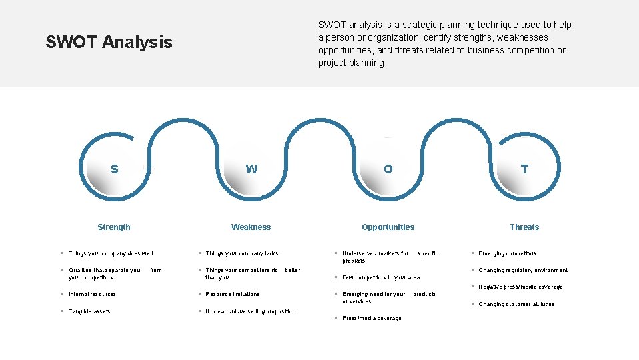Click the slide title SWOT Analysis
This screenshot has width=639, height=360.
(109, 43)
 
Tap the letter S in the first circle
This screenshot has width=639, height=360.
(115, 169)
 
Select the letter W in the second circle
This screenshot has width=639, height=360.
(251, 169)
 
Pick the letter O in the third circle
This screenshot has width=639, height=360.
(388, 169)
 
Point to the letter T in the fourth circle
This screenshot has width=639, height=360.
(524, 169)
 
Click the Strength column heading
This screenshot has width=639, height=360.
(114, 227)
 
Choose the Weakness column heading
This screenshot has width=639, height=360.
(251, 227)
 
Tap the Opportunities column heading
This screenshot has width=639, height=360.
(388, 227)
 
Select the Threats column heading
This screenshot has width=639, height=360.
(524, 227)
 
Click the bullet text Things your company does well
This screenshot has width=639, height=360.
(111, 253)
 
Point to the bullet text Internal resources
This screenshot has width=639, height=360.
(92, 294)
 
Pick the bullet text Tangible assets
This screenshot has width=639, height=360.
(89, 311)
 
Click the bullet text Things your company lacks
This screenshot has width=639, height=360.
(241, 253)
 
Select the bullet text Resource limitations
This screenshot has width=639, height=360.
(232, 294)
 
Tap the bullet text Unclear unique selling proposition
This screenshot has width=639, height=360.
(250, 311)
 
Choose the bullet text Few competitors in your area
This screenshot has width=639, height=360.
(381, 277)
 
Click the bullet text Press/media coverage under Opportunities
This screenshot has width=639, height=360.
(372, 318)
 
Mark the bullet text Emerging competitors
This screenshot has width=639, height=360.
(507, 253)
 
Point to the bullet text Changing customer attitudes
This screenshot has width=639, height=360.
(516, 304)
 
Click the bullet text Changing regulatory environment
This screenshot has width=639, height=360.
(523, 270)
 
